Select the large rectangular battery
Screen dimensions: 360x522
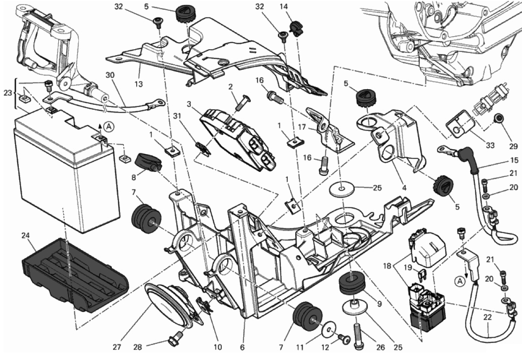67,175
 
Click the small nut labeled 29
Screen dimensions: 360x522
497,119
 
